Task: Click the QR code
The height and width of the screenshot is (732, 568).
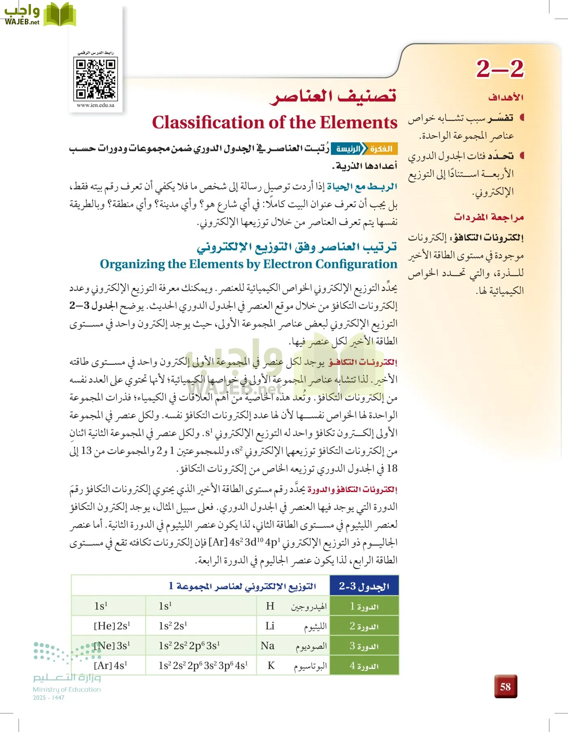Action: (96, 78)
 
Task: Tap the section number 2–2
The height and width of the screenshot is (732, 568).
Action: (500, 69)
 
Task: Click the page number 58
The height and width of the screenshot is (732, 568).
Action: (505, 686)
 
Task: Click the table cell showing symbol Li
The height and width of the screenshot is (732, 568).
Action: (270, 626)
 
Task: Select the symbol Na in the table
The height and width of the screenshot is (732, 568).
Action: (268, 646)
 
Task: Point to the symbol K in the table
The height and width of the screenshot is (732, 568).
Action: (271, 666)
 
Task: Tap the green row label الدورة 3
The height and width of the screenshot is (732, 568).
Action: (364, 646)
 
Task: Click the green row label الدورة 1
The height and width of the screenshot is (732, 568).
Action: (364, 606)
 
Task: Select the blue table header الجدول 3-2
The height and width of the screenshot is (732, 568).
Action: (364, 586)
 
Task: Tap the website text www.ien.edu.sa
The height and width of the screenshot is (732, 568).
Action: (96, 105)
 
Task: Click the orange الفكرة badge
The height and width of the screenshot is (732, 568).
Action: (381, 149)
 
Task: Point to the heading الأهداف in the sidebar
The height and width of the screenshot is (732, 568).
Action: (506, 97)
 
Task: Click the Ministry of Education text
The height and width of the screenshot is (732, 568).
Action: (67, 689)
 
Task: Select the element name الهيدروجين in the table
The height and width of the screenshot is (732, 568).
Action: (309, 607)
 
